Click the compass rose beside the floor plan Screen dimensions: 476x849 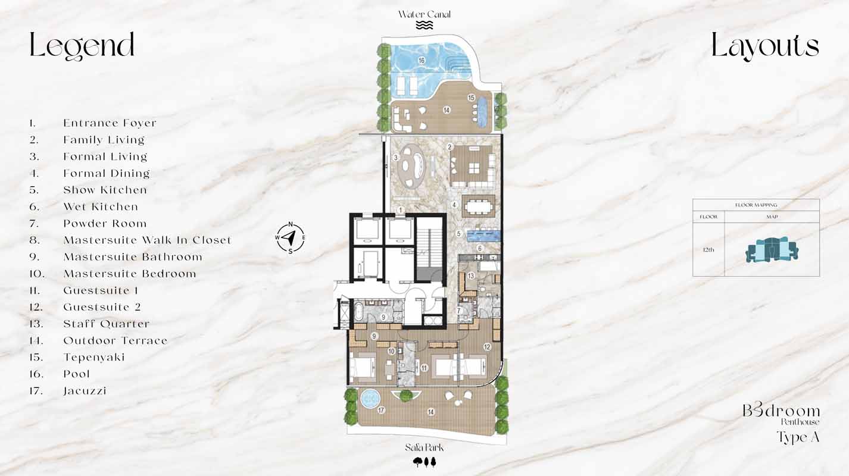pyautogui.click(x=290, y=237)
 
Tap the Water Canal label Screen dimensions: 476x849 pyautogui.click(x=424, y=14)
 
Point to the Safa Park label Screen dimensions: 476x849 pyautogui.click(x=424, y=448)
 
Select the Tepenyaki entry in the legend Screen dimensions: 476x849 pyautogui.click(x=93, y=358)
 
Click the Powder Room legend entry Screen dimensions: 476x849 pyautogui.click(x=105, y=224)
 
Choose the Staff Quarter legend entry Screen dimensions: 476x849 pyautogui.click(x=106, y=324)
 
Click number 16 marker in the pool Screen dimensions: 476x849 pyautogui.click(x=421, y=60)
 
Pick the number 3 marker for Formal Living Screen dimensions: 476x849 pyautogui.click(x=395, y=158)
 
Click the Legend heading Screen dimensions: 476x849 pyautogui.click(x=82, y=46)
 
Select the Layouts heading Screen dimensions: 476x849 pyautogui.click(x=765, y=46)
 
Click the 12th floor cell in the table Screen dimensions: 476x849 pyautogui.click(x=708, y=250)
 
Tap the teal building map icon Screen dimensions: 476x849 pyautogui.click(x=772, y=250)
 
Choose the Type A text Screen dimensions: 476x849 pyautogui.click(x=798, y=437)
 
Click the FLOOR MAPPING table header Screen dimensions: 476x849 pyautogui.click(x=756, y=205)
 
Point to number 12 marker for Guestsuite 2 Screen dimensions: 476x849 pyautogui.click(x=487, y=347)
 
